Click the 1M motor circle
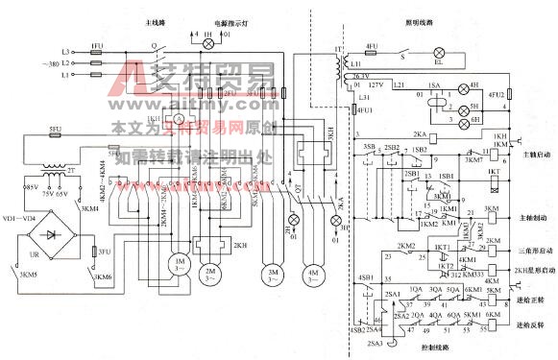179,263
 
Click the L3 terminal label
65,48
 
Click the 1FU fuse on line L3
95,49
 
